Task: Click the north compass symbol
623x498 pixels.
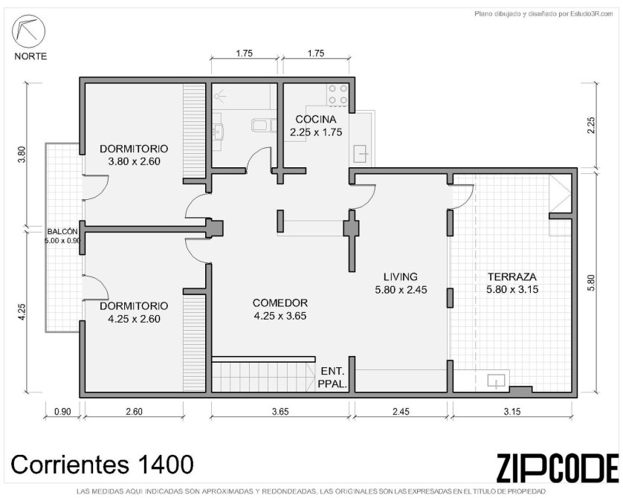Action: tap(28, 31)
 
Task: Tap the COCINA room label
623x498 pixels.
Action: tap(316, 119)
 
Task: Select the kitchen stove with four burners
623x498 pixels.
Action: tap(338, 94)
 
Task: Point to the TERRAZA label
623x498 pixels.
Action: tap(512, 277)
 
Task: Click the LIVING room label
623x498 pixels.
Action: tap(401, 277)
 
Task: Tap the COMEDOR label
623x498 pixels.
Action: tap(280, 303)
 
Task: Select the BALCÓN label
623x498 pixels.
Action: tap(62, 231)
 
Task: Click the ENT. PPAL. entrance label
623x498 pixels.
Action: tap(332, 378)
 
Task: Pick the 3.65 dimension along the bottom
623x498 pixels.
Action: tap(280, 412)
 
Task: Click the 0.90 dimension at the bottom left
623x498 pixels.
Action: tap(62, 412)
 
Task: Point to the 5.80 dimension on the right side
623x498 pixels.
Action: tap(591, 282)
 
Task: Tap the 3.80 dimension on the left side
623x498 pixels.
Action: tap(22, 155)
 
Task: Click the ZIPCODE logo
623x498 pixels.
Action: tap(557, 468)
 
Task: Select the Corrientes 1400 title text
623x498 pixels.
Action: tap(102, 465)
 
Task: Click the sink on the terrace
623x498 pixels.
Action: tap(497, 381)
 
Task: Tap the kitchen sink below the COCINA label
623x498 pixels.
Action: tap(361, 154)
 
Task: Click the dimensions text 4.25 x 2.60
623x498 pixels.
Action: tap(134, 319)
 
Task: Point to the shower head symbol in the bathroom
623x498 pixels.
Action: tap(220, 96)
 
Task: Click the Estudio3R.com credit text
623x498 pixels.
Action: tap(543, 14)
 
